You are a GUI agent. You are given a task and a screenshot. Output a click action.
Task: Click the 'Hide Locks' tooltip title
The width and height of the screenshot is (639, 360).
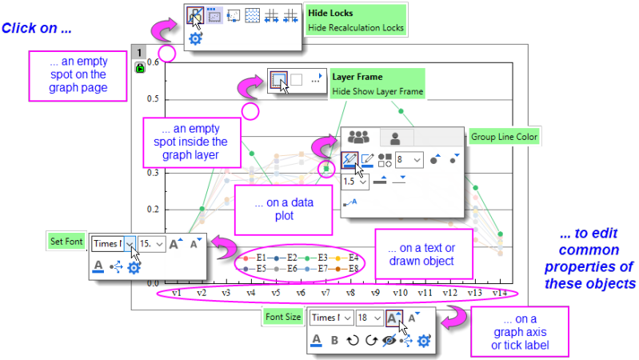click(x=330, y=13)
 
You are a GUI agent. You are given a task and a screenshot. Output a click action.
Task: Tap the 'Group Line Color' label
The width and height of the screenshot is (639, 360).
click(x=505, y=137)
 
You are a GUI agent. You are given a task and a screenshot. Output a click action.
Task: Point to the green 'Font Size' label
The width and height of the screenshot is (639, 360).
click(x=282, y=317)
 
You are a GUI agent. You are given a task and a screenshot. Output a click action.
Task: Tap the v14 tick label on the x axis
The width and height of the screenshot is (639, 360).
click(x=500, y=294)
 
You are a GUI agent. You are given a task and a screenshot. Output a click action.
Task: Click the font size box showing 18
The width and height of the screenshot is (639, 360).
click(x=368, y=318)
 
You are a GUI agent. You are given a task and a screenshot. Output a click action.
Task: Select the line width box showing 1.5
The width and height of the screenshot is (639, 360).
click(x=355, y=182)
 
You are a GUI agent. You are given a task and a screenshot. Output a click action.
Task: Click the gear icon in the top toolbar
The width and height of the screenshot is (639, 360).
click(x=195, y=38)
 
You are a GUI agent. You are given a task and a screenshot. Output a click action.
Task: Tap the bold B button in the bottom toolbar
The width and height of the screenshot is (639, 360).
click(x=335, y=340)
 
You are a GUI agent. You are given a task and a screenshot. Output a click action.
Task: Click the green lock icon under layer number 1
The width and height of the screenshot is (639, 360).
click(x=139, y=69)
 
